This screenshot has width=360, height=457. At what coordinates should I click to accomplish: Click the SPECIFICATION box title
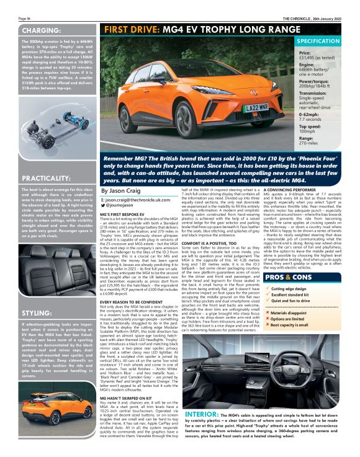pos(318,41)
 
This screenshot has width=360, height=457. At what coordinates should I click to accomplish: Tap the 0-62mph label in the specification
pos(310,114)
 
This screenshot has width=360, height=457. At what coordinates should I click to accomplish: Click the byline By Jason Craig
pos(121,191)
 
